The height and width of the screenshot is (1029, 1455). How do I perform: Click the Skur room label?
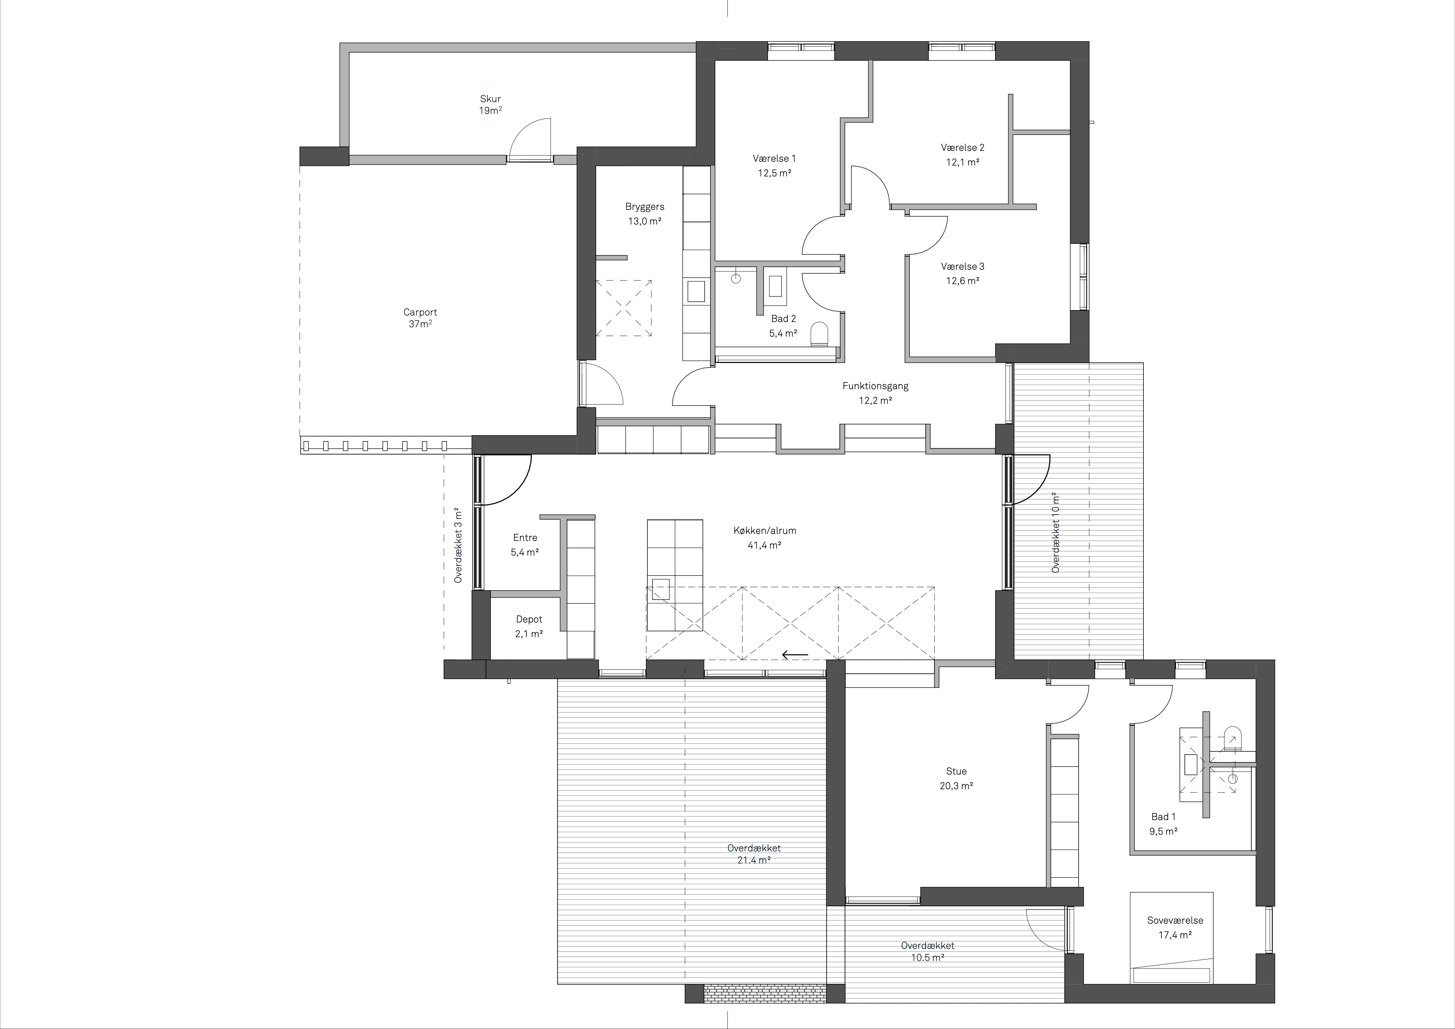[x=490, y=104]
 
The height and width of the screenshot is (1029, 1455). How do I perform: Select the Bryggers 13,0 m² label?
[x=644, y=214]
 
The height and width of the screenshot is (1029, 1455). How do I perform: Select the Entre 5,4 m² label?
[x=525, y=545]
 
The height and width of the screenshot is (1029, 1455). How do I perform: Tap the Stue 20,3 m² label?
[x=956, y=778]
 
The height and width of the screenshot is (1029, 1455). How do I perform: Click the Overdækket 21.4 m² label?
[x=754, y=854]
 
